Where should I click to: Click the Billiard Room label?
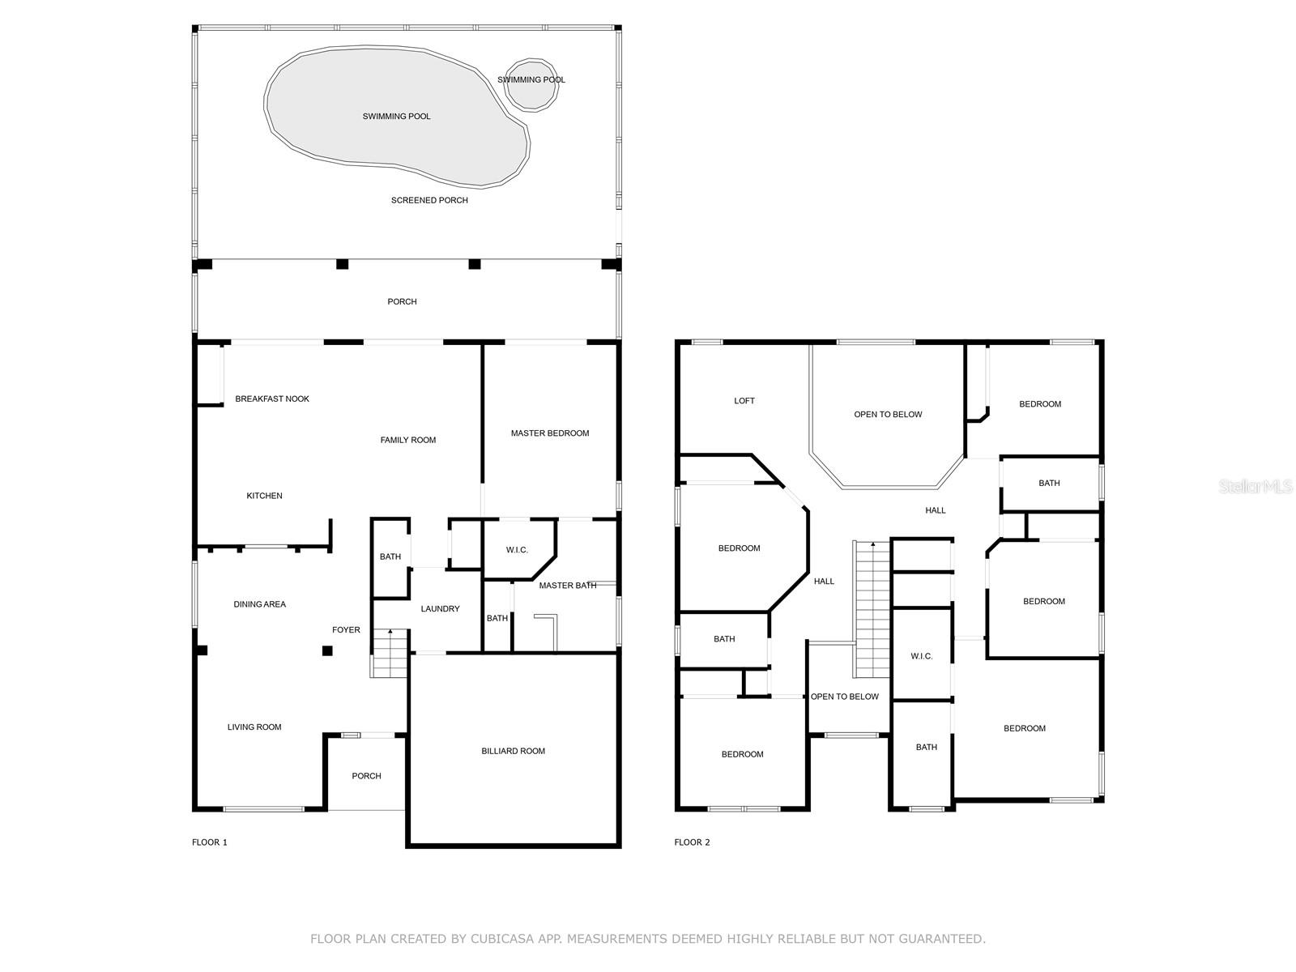pyautogui.click(x=513, y=752)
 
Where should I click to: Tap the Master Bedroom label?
pyautogui.click(x=550, y=433)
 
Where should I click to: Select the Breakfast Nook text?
pyautogui.click(x=272, y=399)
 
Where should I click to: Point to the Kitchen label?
pyautogui.click(x=264, y=496)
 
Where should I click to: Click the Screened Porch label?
pyautogui.click(x=429, y=201)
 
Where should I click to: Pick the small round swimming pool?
pyautogui.click(x=531, y=84)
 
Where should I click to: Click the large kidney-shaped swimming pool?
pyautogui.click(x=396, y=117)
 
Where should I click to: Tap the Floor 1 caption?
pyautogui.click(x=210, y=842)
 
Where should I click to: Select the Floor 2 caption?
pyautogui.click(x=692, y=842)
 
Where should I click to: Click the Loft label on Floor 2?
pyautogui.click(x=744, y=401)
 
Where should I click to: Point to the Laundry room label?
pyautogui.click(x=440, y=609)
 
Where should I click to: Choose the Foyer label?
pyautogui.click(x=346, y=630)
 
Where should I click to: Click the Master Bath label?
pyautogui.click(x=568, y=586)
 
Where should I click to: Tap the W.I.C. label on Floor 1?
pyautogui.click(x=517, y=550)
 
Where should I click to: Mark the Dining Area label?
pyautogui.click(x=259, y=604)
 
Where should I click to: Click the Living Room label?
pyautogui.click(x=254, y=727)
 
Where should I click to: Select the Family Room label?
pyautogui.click(x=408, y=441)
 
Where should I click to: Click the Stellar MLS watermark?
pyautogui.click(x=1255, y=487)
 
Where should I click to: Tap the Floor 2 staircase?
pyautogui.click(x=872, y=609)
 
